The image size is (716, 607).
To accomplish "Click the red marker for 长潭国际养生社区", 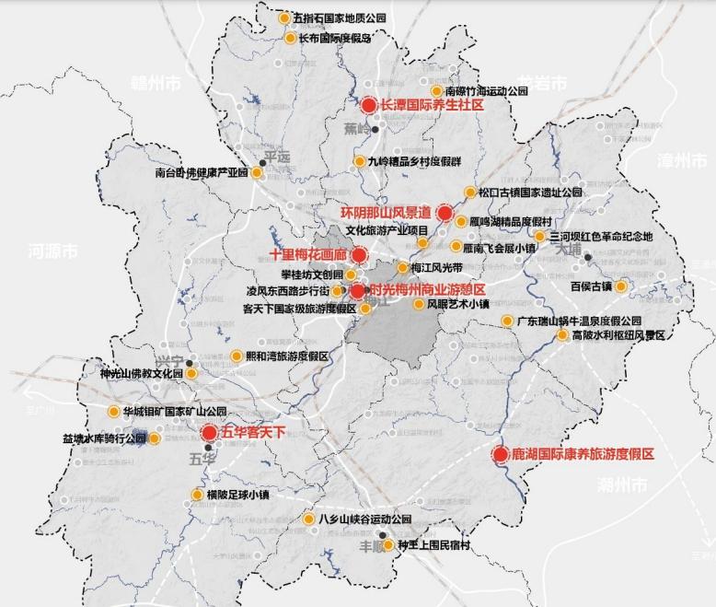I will click(369, 105).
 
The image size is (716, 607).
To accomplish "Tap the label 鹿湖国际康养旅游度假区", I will click(583, 455).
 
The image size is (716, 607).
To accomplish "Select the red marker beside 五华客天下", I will click(209, 432).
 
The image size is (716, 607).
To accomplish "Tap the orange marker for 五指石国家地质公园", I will click(286, 18).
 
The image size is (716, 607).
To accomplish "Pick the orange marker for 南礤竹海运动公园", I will click(437, 91).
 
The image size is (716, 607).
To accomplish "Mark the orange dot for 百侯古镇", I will click(620, 286).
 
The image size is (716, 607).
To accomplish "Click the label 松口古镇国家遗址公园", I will click(530, 193).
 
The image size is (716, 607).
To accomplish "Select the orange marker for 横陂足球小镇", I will click(197, 495).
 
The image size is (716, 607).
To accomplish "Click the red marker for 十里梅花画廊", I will click(360, 254).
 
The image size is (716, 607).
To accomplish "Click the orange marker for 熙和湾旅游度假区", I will click(237, 356).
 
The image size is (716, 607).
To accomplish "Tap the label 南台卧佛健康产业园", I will click(202, 171).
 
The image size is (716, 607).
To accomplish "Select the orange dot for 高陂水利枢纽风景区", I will click(562, 335).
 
